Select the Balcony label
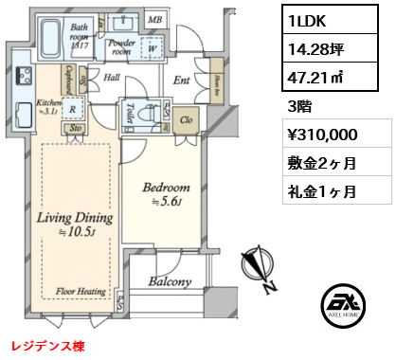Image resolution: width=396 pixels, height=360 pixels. (171, 282)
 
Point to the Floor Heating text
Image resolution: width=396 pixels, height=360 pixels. (81, 292)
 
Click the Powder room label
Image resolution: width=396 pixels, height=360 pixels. (122, 46)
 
